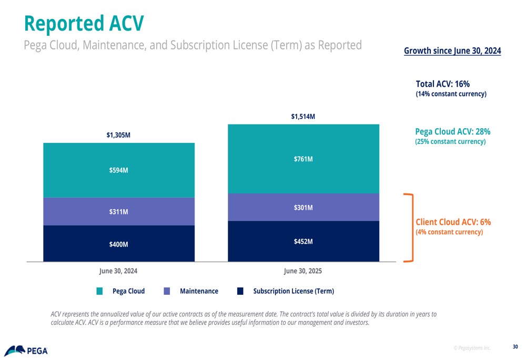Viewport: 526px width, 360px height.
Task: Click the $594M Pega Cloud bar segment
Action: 118,170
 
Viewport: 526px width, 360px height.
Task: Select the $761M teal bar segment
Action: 303,159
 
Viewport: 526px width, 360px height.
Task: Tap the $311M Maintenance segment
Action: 118,212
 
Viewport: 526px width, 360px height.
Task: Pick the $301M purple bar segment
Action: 303,208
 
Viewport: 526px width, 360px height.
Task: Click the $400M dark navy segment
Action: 118,244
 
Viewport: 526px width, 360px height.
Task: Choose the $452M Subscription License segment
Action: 303,242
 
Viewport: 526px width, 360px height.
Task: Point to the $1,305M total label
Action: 118,135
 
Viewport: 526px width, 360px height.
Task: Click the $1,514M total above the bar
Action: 303,117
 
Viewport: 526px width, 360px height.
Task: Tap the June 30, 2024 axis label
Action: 118,271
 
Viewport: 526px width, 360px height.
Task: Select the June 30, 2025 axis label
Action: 303,271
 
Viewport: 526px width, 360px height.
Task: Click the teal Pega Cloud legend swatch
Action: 99,291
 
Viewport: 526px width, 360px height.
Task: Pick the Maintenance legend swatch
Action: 167,291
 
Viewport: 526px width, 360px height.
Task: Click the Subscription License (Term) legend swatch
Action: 240,291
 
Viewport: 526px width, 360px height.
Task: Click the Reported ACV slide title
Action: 84,23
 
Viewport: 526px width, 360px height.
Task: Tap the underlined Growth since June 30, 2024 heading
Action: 452,51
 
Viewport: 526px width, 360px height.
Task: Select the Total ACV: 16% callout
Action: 443,84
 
